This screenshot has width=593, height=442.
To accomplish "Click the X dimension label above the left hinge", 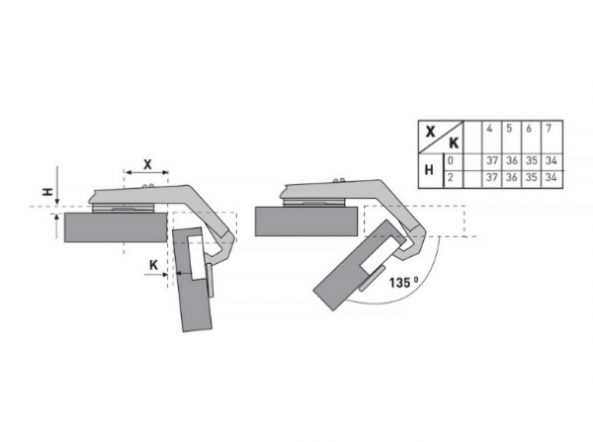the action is point(147,164).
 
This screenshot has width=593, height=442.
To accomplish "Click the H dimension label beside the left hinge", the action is point(47,193).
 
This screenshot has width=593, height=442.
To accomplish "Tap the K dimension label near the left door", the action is point(153,265).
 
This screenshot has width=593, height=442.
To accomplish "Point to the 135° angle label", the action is point(404,282).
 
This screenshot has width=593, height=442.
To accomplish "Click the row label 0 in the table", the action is point(451,160).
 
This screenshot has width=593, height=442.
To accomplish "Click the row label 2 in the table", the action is point(451,177).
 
